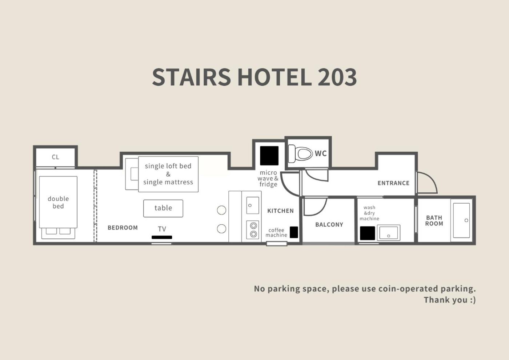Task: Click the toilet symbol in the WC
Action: (300, 153)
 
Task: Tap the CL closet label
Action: (55, 157)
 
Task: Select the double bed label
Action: (58, 202)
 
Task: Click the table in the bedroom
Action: (163, 208)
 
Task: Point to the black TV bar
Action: (162, 237)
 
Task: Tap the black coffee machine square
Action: (294, 232)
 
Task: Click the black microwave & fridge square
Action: (269, 156)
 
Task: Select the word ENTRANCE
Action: (393, 183)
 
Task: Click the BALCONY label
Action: (329, 225)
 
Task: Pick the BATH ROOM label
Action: (434, 220)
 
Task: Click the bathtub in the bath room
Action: (461, 220)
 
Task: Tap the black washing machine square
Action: (368, 233)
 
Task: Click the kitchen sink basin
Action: (253, 205)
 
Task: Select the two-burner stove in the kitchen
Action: (253, 230)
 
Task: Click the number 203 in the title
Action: (337, 77)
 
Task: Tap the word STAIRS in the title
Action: (192, 77)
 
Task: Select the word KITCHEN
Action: (280, 211)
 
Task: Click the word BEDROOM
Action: (123, 228)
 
